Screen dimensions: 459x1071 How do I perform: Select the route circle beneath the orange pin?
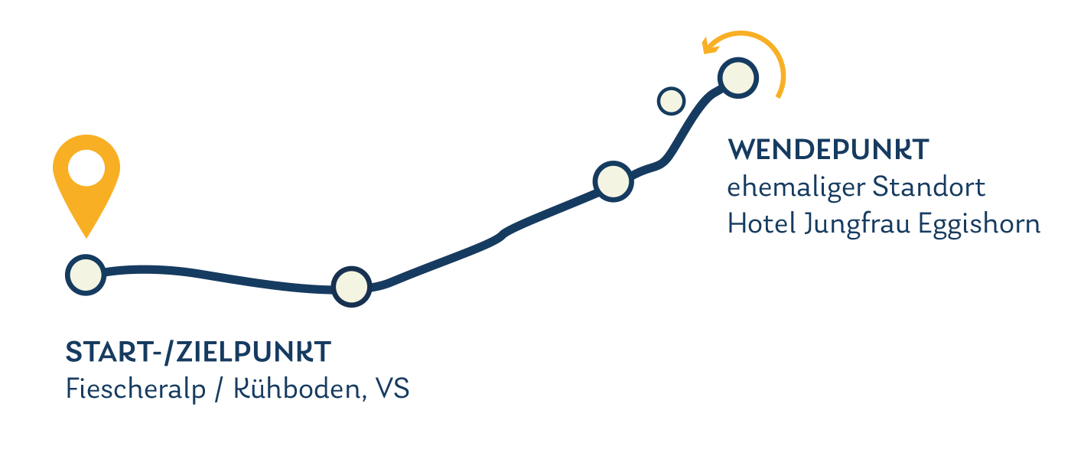coord(85,274)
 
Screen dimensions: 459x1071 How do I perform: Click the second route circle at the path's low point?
coord(351,286)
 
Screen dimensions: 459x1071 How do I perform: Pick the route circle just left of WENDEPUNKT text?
coord(613,181)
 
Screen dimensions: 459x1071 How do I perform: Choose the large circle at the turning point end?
coord(737,77)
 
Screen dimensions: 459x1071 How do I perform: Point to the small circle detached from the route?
coord(671,100)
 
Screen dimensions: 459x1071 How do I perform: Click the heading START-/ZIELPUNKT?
coord(198,352)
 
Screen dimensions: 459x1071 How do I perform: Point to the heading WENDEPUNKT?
coord(828,150)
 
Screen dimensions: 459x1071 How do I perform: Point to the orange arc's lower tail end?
coord(779,96)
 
